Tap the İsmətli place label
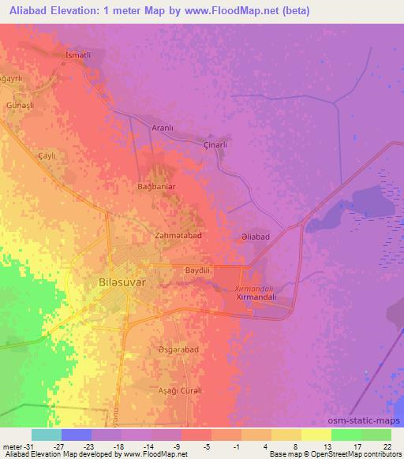79,56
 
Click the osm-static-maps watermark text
371,420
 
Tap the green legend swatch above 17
346,435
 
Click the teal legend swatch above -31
46,435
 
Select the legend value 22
387,446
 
